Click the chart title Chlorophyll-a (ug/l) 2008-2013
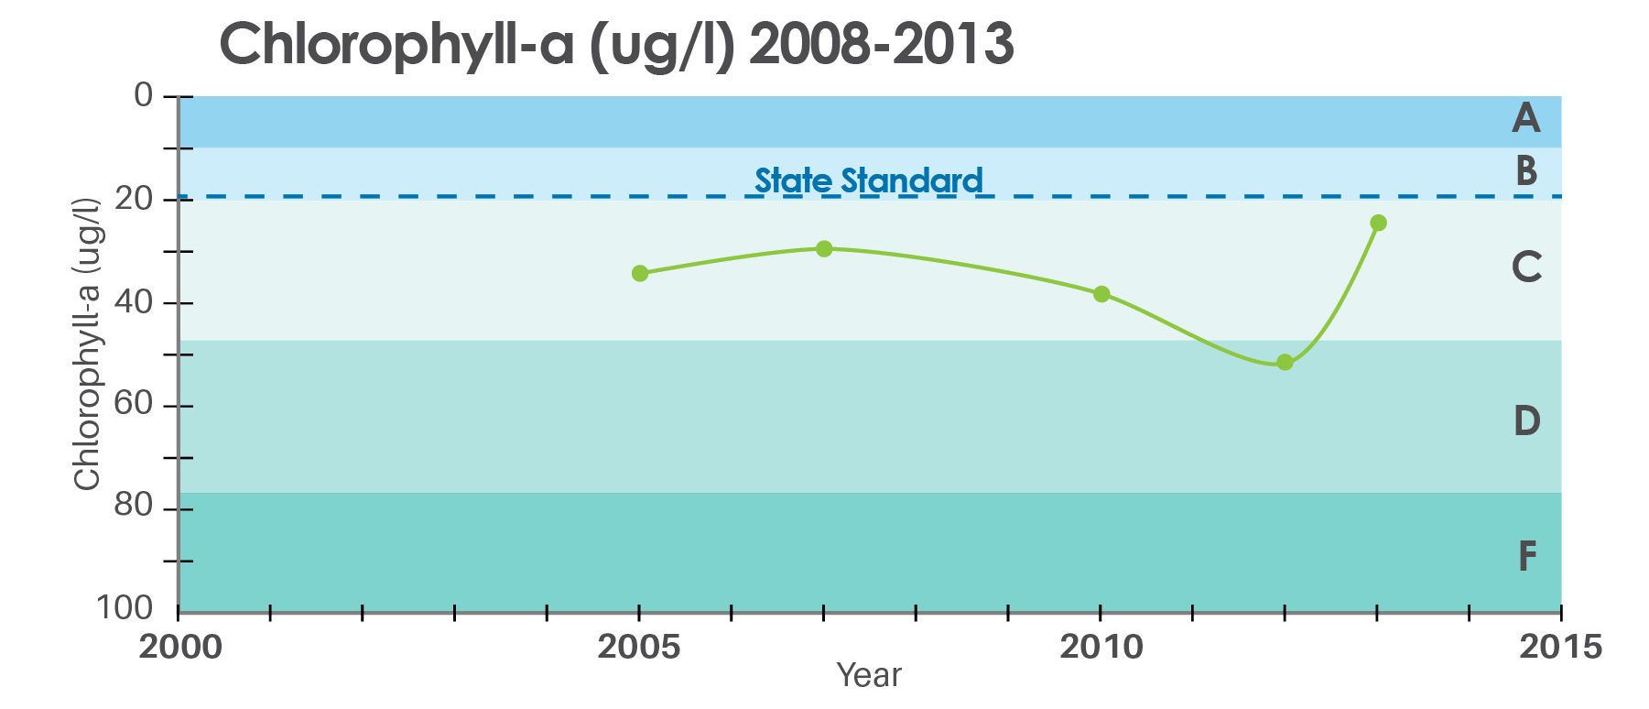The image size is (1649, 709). coord(616,43)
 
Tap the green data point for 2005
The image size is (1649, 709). coord(640,273)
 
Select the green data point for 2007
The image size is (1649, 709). coord(824,248)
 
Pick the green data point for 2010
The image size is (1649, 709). coord(1101,294)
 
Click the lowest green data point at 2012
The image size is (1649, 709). coord(1285,363)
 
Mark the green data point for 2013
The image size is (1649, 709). coord(1378,223)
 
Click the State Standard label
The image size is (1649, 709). coord(868,180)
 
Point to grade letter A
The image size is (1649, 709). coord(1525,118)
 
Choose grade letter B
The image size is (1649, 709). coord(1525,171)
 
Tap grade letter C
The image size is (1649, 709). coord(1526,267)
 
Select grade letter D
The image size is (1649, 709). coord(1526,420)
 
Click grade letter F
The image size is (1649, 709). coord(1526,556)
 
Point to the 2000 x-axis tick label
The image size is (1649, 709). coord(180,647)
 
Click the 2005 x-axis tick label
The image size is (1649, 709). coord(639,647)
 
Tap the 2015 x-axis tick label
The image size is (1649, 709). coord(1560,647)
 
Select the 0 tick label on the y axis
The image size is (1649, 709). coord(143,95)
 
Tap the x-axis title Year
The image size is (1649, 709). coord(869,676)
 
